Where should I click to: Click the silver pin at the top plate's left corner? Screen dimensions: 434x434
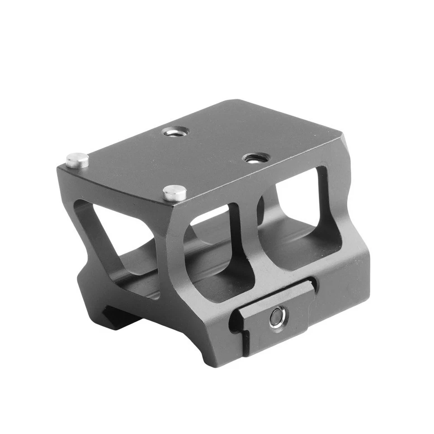point(77,160)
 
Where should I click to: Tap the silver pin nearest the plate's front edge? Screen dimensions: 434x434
point(175,193)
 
